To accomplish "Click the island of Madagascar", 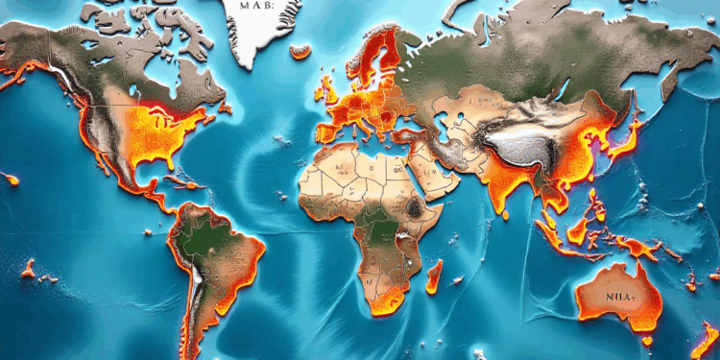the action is point(433,279).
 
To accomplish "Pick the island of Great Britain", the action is point(325,88).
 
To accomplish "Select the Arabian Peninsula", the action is point(433,178).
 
